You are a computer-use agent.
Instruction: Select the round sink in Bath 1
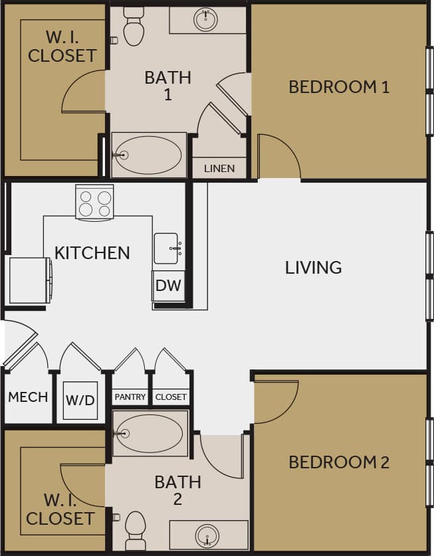click(206, 20)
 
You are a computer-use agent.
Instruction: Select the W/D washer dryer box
click(80, 401)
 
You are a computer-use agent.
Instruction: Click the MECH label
click(28, 397)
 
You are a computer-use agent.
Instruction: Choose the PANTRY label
click(130, 397)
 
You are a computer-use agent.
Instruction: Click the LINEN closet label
click(219, 169)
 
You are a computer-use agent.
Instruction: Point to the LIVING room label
click(313, 268)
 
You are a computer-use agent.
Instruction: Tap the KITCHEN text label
click(92, 253)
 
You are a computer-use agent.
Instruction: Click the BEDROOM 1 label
click(338, 87)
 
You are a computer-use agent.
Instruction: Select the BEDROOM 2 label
click(338, 462)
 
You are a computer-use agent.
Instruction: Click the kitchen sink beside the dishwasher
click(166, 248)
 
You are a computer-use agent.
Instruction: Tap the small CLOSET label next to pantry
click(171, 397)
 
